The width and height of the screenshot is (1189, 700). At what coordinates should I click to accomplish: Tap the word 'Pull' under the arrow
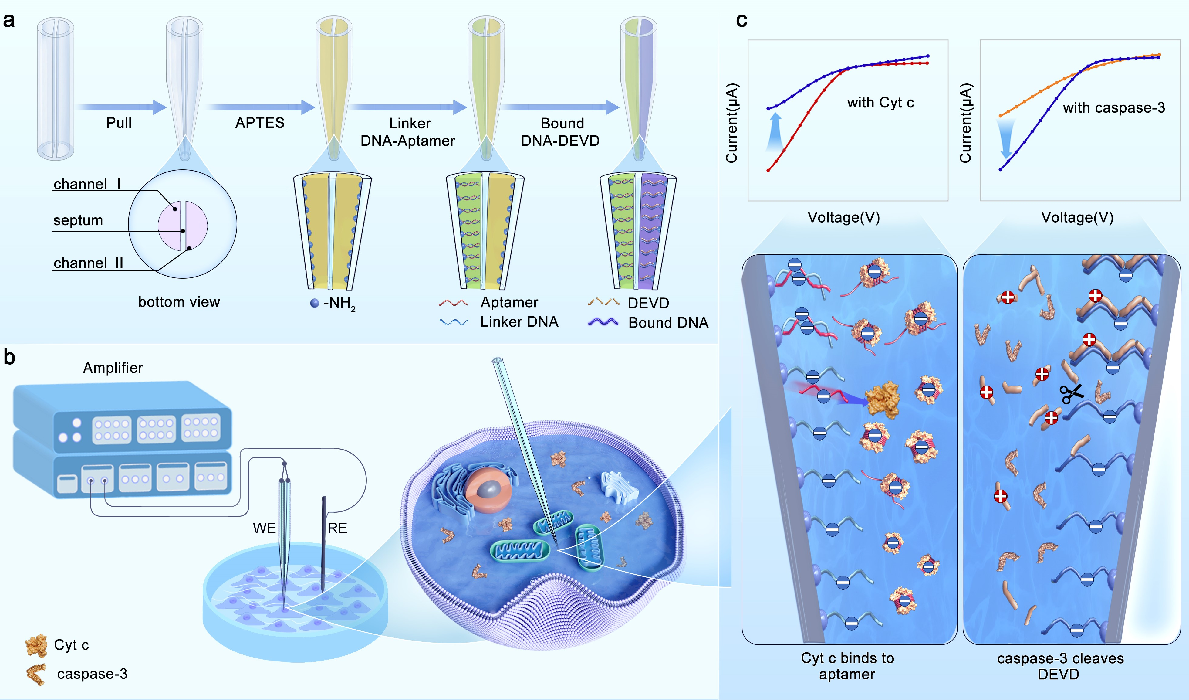119,123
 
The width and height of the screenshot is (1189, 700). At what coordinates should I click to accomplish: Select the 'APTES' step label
260,123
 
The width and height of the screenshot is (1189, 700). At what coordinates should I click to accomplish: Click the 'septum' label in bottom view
78,220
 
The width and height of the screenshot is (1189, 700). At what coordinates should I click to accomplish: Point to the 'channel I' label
87,184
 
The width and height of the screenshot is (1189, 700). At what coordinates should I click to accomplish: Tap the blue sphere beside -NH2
314,303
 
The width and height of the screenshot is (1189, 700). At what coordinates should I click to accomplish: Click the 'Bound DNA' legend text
668,323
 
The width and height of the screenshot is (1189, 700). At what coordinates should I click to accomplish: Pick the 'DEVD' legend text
648,303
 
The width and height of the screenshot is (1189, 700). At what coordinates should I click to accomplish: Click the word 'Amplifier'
113,368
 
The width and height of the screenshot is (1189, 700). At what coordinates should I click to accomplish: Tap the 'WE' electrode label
264,528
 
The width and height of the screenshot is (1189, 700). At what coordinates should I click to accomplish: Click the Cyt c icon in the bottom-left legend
36,645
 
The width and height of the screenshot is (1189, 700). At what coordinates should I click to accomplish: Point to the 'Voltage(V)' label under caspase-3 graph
1077,218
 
